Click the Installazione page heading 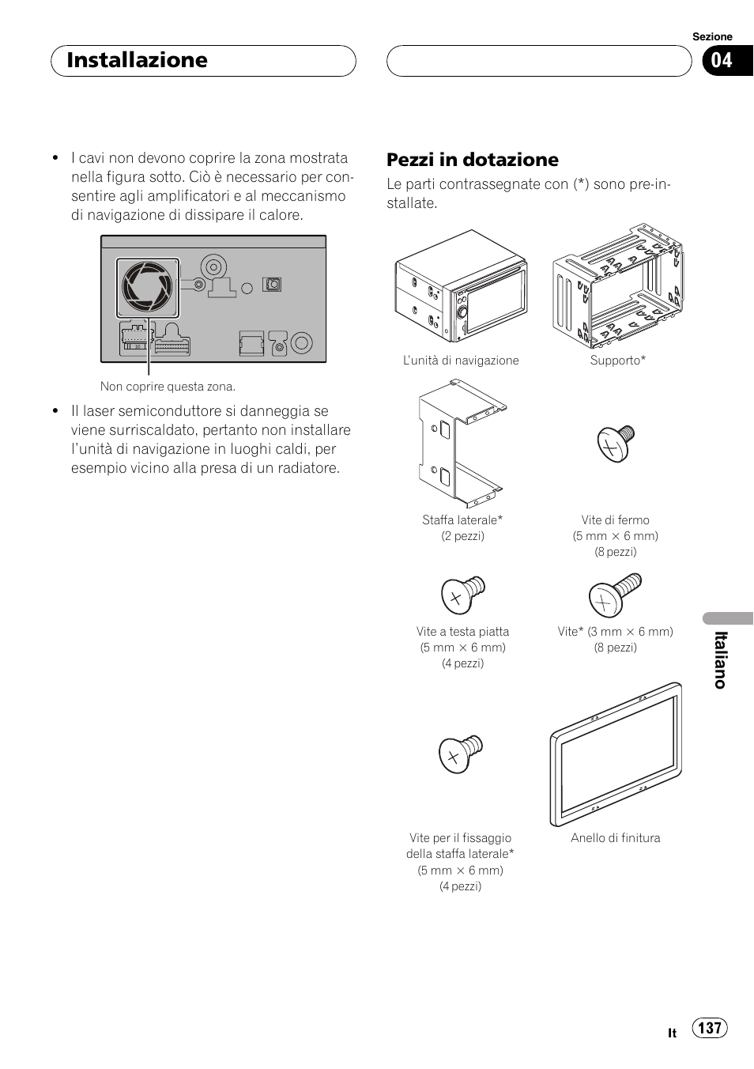point(138,60)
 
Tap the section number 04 point(721,61)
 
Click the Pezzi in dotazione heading point(472,160)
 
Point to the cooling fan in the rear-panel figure point(147,285)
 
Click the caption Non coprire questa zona point(168,387)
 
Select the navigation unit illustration point(461,286)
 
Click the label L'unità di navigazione point(461,361)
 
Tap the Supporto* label point(617,361)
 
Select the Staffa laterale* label point(462,520)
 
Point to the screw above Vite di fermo point(615,444)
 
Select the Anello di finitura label point(616,838)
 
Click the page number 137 point(710,1027)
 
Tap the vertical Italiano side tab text point(720,660)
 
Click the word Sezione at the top point(712,36)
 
